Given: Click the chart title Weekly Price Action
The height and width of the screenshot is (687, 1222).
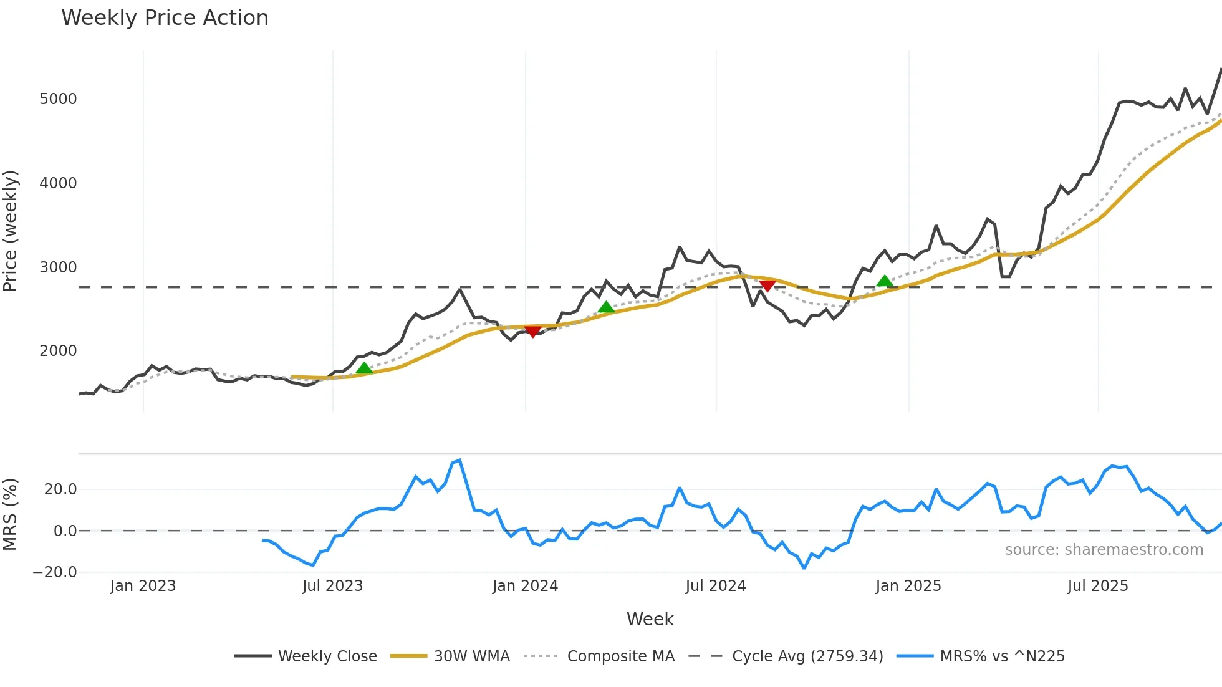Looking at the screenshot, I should [165, 18].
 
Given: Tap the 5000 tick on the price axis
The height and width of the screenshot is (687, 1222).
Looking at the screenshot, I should [58, 99].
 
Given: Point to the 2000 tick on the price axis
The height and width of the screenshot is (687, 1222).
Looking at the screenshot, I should [58, 351].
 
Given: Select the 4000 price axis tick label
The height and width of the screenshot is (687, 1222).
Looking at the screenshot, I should [58, 183].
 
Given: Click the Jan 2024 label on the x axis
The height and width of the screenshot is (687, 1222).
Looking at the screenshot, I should [525, 586].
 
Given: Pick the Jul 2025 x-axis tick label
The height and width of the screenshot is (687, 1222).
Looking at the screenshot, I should [1098, 586].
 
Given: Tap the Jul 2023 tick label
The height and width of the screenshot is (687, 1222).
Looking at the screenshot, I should [332, 586].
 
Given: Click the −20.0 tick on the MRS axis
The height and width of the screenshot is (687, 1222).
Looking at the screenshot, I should [55, 572].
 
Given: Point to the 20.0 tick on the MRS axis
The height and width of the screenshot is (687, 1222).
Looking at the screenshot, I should [60, 489].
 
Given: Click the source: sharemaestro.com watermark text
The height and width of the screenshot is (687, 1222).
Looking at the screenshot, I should [1104, 550].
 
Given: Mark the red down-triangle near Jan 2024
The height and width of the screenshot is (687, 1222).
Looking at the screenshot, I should [532, 332].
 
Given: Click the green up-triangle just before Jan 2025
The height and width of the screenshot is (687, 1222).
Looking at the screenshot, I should [884, 281].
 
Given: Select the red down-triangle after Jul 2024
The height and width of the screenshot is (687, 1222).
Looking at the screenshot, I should [767, 286].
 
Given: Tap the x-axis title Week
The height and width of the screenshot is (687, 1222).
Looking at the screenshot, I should [650, 619].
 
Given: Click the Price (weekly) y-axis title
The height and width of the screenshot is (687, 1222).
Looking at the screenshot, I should [11, 231].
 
